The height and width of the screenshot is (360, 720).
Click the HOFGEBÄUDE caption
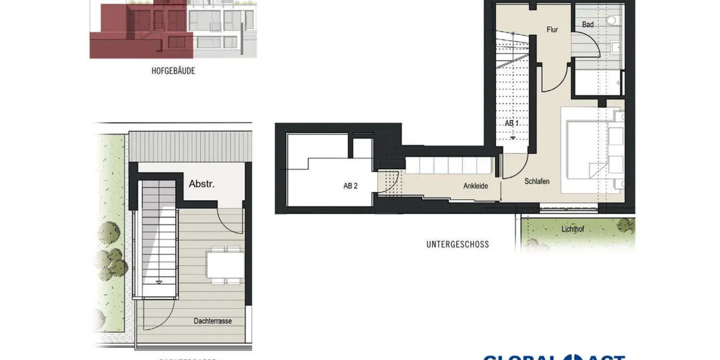pyautogui.click(x=173, y=71)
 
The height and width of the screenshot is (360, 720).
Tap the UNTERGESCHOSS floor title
pyautogui.click(x=457, y=244)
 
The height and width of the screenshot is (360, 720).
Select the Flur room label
pyautogui.click(x=552, y=29)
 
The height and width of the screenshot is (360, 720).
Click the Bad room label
pyautogui.click(x=588, y=25)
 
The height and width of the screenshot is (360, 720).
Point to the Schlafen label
pyautogui.click(x=537, y=181)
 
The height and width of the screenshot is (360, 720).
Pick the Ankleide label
pyautogui.click(x=475, y=186)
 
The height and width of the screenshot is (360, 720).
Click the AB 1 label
pyautogui.click(x=511, y=123)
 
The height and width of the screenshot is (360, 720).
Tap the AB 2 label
pyautogui.click(x=350, y=186)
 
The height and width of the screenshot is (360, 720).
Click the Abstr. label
pyautogui.click(x=202, y=184)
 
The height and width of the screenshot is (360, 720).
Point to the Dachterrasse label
pyautogui.click(x=213, y=321)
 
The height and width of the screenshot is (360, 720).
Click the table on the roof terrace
pyautogui.click(x=224, y=264)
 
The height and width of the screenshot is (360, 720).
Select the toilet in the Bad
pyautogui.click(x=611, y=20)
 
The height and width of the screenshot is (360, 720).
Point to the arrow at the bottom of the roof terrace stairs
pyautogui.click(x=160, y=280)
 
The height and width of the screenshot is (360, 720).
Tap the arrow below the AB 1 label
pyautogui.click(x=513, y=137)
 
